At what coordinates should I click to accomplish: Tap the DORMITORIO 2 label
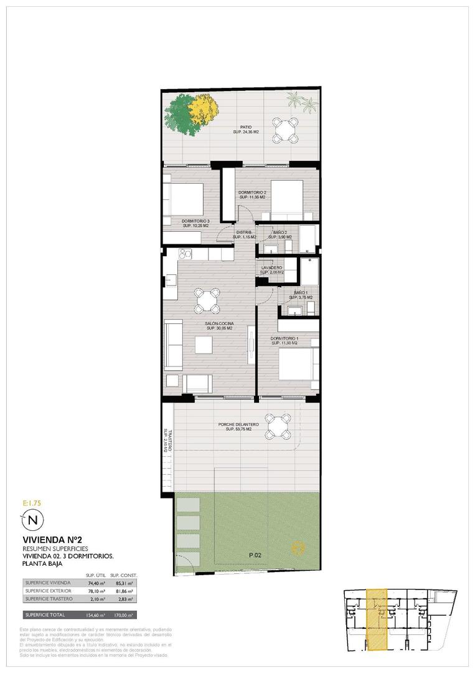(252, 192)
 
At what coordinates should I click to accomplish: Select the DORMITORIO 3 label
(195, 221)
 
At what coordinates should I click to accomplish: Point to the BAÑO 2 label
(280, 232)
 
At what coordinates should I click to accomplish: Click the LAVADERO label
(271, 268)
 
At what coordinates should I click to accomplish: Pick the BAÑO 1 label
(301, 292)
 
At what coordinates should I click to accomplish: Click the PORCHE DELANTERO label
(238, 425)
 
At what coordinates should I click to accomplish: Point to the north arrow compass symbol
(33, 518)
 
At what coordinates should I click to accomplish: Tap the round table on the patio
(285, 129)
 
